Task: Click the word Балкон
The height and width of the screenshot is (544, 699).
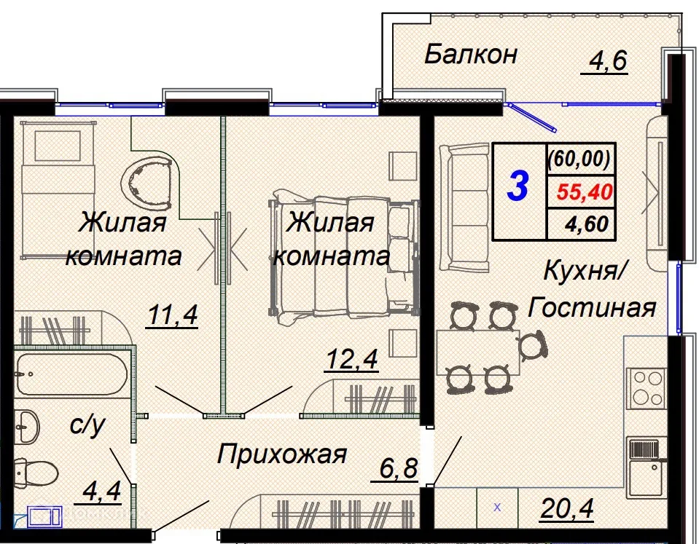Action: tap(471, 54)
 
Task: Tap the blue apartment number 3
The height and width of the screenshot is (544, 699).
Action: tap(518, 186)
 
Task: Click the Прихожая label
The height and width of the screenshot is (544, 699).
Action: tap(281, 455)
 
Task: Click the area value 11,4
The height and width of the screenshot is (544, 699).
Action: tap(172, 317)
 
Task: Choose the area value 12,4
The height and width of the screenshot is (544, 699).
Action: tap(352, 360)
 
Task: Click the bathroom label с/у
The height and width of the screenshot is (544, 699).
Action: tap(87, 425)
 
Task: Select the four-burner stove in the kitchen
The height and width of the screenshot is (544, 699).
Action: tap(645, 387)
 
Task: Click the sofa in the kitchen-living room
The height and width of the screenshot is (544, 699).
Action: tap(464, 197)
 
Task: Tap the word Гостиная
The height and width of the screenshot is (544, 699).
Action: tap(592, 308)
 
